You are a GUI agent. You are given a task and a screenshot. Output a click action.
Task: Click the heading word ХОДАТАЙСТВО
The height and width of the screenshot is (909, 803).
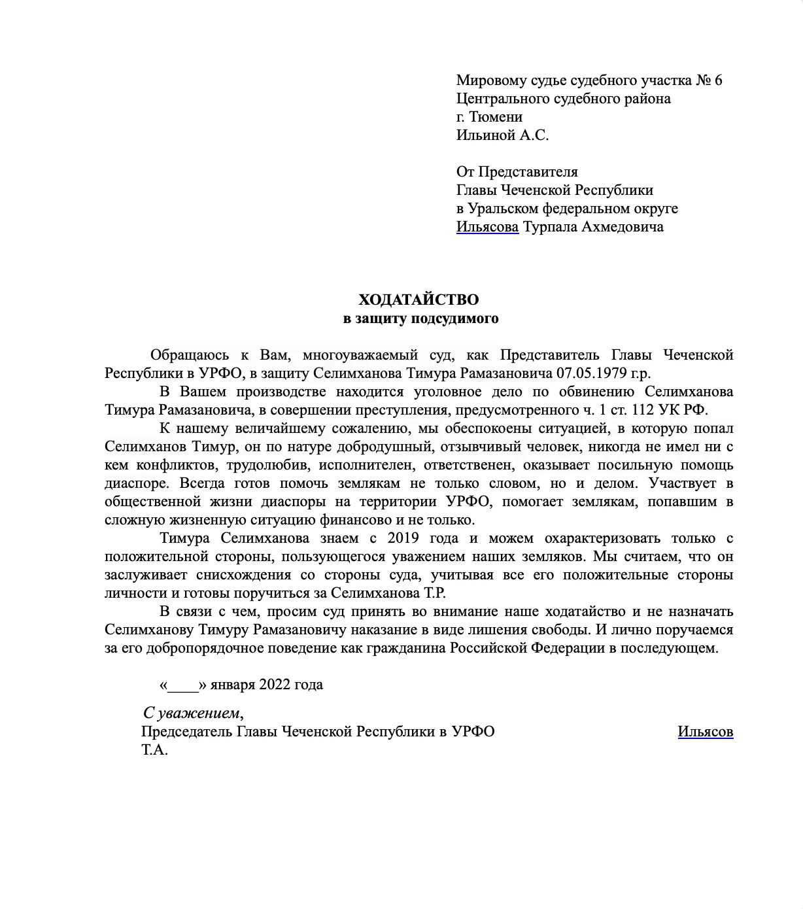click(419, 300)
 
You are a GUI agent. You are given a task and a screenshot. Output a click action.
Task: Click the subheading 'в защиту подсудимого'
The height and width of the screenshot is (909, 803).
click(421, 318)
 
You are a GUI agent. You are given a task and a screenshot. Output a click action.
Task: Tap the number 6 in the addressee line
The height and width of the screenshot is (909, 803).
click(718, 80)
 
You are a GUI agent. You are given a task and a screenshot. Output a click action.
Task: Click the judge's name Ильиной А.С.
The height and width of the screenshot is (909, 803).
click(502, 135)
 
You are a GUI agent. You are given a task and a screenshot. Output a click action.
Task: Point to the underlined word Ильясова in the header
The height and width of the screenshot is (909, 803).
click(487, 227)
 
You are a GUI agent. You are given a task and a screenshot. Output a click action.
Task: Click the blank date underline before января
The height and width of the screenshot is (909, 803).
click(183, 685)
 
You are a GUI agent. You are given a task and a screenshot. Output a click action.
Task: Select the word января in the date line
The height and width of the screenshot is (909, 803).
click(232, 685)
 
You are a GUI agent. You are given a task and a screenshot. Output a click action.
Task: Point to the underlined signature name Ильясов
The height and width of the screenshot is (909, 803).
click(705, 732)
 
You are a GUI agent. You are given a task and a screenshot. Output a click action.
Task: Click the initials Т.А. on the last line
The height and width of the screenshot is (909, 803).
click(154, 750)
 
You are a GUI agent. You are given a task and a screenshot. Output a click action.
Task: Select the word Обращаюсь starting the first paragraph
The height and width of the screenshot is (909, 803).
click(190, 355)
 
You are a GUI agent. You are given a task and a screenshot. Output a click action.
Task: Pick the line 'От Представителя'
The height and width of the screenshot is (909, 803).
click(517, 172)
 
